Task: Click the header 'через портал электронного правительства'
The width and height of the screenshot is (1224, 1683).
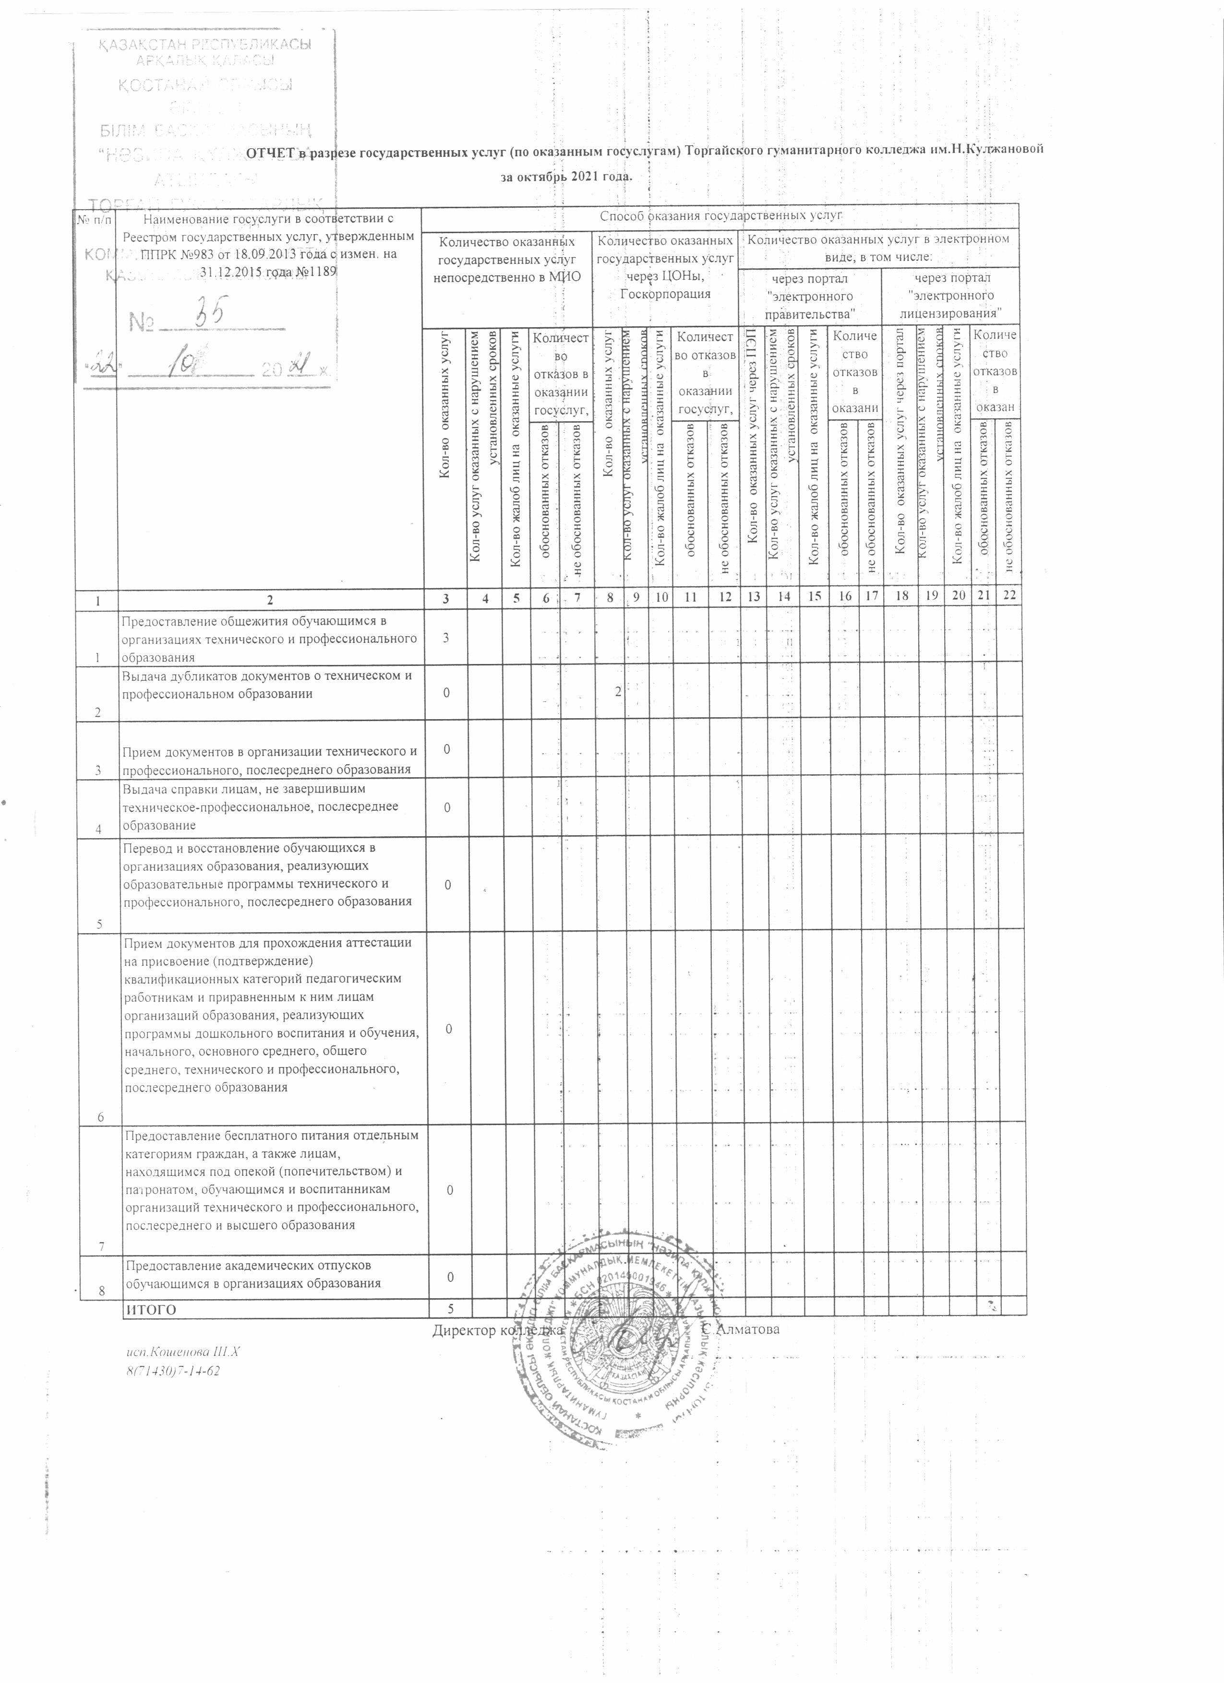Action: pos(810,296)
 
